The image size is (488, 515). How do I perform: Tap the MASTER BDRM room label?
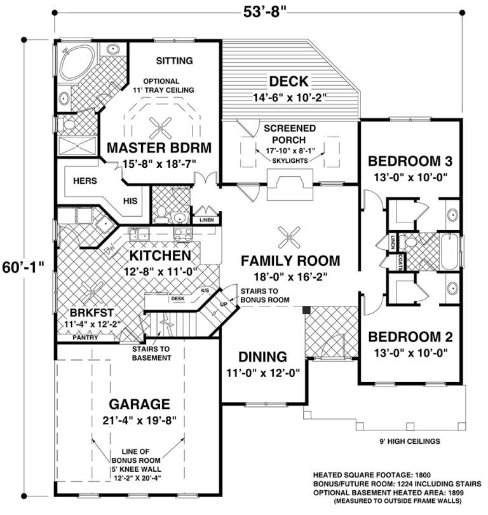click(158, 148)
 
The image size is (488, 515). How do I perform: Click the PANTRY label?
click(85, 338)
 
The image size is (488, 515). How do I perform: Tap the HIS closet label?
click(130, 200)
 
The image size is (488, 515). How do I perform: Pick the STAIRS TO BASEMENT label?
click(152, 354)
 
